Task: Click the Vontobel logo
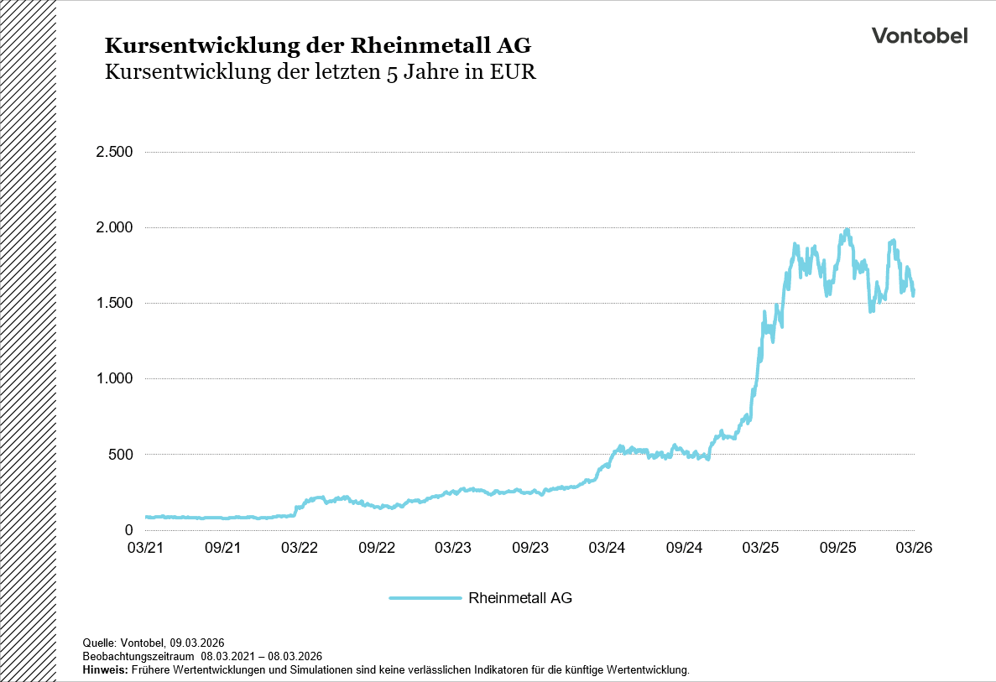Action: click(919, 35)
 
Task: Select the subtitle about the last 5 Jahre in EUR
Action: click(320, 72)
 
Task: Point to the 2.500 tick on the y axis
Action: click(114, 152)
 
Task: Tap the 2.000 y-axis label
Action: click(114, 227)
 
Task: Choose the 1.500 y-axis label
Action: click(114, 303)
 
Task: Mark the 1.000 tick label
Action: click(114, 378)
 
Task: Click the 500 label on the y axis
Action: click(121, 454)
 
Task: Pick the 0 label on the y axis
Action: click(128, 529)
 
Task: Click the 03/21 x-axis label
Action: click(145, 548)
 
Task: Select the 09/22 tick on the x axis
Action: click(376, 548)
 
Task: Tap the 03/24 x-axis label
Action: click(607, 548)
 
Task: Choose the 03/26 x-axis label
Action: click(914, 548)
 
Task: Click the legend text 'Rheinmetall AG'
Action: click(520, 598)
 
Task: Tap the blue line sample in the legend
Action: click(425, 598)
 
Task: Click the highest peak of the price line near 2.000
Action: click(847, 230)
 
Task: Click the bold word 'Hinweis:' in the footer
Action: click(105, 670)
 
